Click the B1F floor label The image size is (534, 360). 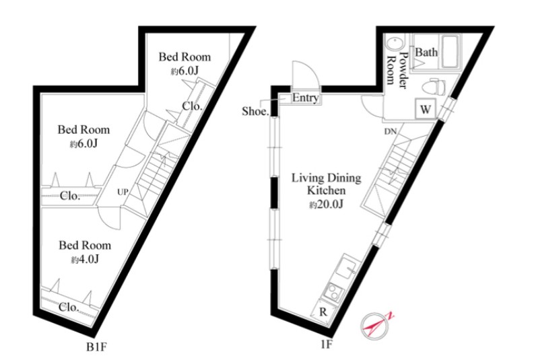[97, 347]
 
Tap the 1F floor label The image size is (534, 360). [326, 345]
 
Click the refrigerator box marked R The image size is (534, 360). [323, 312]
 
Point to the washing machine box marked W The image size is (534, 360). [426, 109]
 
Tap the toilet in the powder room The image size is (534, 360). [434, 87]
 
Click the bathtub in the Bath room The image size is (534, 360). [452, 51]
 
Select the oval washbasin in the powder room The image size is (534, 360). [395, 45]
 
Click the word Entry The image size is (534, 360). [305, 98]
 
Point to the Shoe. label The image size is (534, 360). [255, 111]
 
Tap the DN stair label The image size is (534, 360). [391, 131]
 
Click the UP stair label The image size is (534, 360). [123, 192]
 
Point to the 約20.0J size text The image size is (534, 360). [326, 204]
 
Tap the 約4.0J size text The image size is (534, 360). [85, 260]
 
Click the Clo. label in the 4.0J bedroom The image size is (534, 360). [69, 308]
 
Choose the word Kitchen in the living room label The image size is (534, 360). [326, 190]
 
